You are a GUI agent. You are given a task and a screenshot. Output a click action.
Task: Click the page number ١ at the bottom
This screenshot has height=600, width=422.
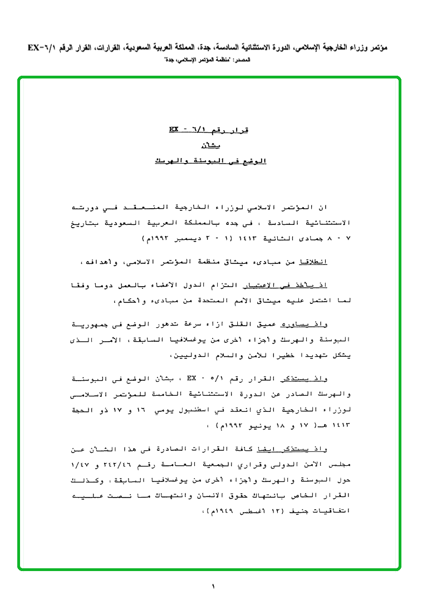[213, 586]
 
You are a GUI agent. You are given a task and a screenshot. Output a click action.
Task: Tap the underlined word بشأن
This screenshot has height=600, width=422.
[210, 146]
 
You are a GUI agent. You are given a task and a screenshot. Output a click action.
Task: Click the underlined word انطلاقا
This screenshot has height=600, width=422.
[314, 261]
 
